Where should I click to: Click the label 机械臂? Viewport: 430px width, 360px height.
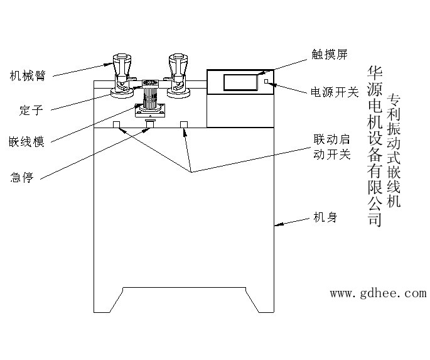click(28, 76)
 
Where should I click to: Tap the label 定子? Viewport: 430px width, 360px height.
click(31, 110)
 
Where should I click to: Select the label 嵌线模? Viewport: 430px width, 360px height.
click(26, 142)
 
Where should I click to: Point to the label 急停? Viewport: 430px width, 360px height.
click(22, 177)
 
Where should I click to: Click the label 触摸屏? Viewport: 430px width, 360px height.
click(330, 54)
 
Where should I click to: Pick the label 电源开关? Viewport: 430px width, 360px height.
click(335, 92)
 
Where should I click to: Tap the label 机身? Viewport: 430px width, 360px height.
click(325, 217)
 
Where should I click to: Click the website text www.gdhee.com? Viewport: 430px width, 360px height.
click(378, 293)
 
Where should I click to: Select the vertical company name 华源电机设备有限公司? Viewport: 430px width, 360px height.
click(375, 146)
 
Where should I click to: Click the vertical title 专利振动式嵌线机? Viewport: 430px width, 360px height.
click(394, 151)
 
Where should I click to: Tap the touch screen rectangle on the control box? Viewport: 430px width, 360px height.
click(240, 82)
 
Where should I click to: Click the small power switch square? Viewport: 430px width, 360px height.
click(266, 81)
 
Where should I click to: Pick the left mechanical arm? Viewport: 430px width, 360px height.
click(122, 76)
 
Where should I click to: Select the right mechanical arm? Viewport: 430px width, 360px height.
click(178, 76)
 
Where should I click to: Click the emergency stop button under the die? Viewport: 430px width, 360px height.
click(150, 123)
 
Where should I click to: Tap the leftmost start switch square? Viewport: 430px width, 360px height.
click(116, 124)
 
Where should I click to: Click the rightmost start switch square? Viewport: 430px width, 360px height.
click(184, 124)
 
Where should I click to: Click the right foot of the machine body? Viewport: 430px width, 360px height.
click(261, 300)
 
